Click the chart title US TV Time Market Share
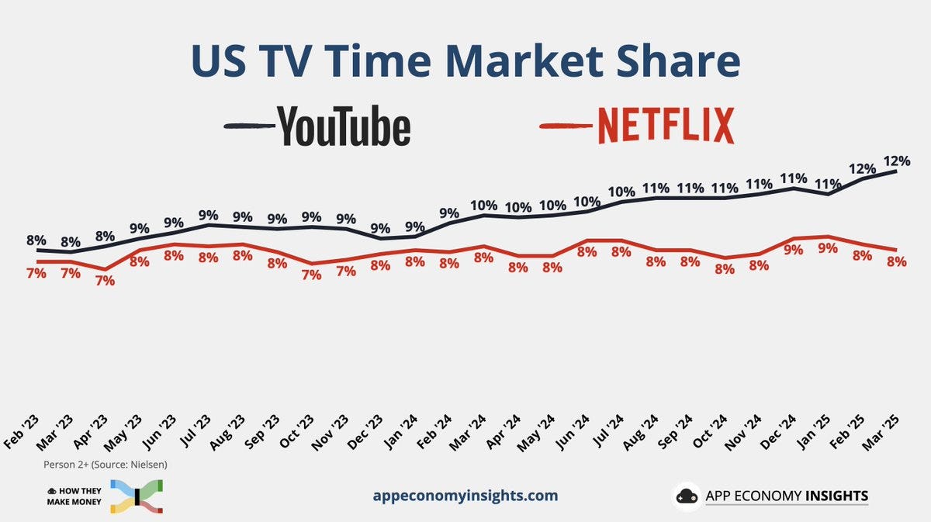click(x=465, y=62)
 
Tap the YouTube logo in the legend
click(x=343, y=126)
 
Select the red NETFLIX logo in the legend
click(x=665, y=126)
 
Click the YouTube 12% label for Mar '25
click(x=896, y=161)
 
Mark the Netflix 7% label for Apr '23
click(x=105, y=281)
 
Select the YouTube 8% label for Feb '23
click(x=36, y=240)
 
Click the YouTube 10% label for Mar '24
click(x=484, y=206)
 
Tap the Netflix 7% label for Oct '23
click(x=311, y=275)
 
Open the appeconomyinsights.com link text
click(x=465, y=496)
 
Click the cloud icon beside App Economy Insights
click(x=687, y=496)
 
